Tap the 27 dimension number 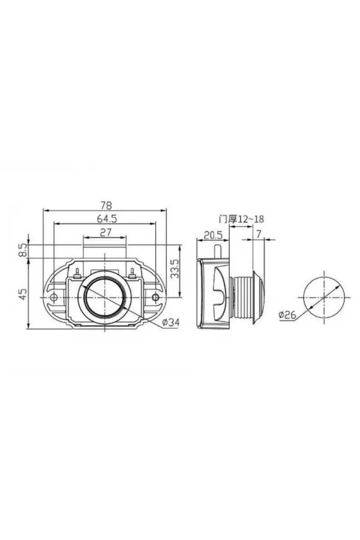tap(105, 233)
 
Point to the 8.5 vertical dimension tap(23, 251)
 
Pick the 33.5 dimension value tap(175, 269)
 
